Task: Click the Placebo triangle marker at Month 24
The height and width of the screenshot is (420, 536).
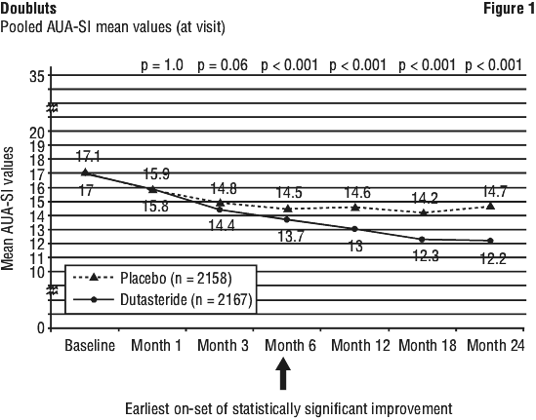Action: [x=490, y=206]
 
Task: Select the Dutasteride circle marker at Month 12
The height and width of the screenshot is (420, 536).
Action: [x=354, y=229]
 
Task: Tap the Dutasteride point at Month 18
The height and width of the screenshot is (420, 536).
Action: [x=422, y=240]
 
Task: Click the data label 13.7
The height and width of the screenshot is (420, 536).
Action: [x=291, y=236]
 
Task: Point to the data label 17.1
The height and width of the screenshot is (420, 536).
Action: [x=88, y=156]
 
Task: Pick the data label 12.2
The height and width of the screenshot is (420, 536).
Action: [x=493, y=259]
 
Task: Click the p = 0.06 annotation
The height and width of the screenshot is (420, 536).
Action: [x=223, y=65]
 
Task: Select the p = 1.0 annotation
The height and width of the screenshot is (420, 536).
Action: [x=162, y=65]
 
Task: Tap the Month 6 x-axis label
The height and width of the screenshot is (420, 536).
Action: [x=291, y=345]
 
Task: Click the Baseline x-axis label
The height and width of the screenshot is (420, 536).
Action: [x=90, y=345]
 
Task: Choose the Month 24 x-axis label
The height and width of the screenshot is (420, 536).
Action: [x=496, y=345]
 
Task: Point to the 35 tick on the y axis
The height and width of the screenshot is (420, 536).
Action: [x=37, y=76]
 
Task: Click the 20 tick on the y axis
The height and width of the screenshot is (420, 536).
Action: [x=37, y=132]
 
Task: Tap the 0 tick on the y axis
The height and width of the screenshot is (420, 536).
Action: [x=41, y=328]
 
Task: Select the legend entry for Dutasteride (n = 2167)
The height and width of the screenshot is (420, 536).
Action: [x=163, y=300]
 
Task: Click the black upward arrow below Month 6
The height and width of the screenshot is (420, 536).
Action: [x=283, y=373]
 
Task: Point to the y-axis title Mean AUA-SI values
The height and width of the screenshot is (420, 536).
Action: [x=7, y=209]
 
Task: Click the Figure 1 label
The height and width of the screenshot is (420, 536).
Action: [x=509, y=9]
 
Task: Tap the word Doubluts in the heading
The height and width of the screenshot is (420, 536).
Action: [x=28, y=9]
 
